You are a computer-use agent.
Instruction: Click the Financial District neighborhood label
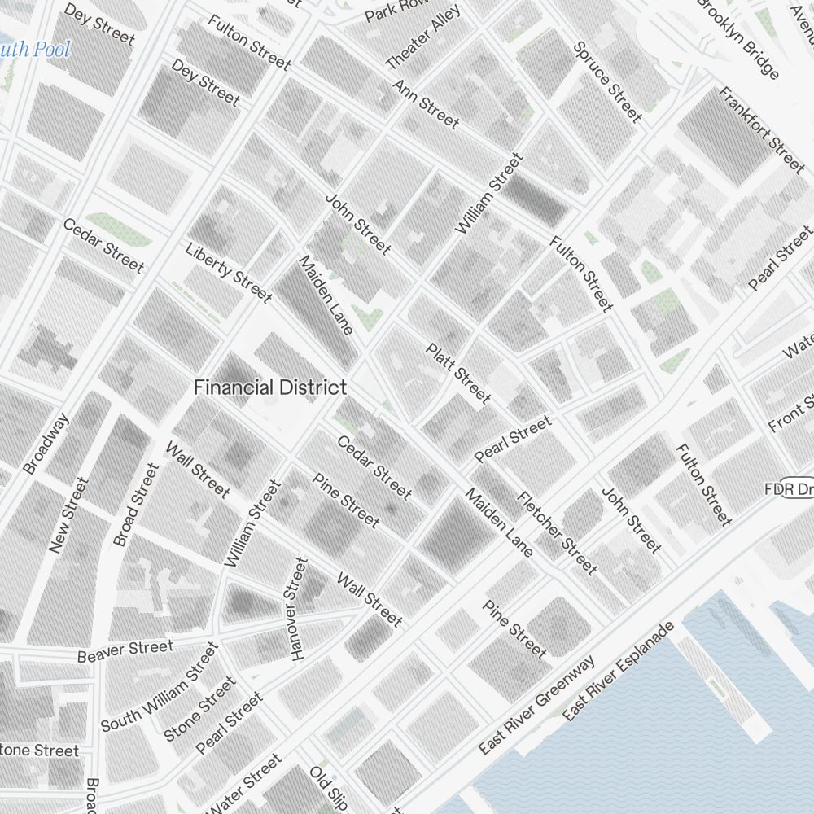[270, 388]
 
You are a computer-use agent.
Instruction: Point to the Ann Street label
[426, 103]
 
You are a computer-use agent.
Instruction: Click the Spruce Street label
[608, 81]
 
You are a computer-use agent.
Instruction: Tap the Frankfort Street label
[761, 129]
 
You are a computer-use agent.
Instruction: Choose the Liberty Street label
[228, 272]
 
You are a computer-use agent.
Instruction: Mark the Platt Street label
[458, 373]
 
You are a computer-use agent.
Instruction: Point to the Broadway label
[46, 444]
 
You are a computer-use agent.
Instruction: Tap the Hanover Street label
[298, 609]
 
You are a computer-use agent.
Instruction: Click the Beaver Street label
[125, 651]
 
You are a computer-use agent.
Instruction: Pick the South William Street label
[160, 686]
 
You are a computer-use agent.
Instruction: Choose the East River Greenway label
[537, 705]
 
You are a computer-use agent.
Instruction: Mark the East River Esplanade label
[619, 672]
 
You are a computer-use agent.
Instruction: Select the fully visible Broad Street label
[135, 505]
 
